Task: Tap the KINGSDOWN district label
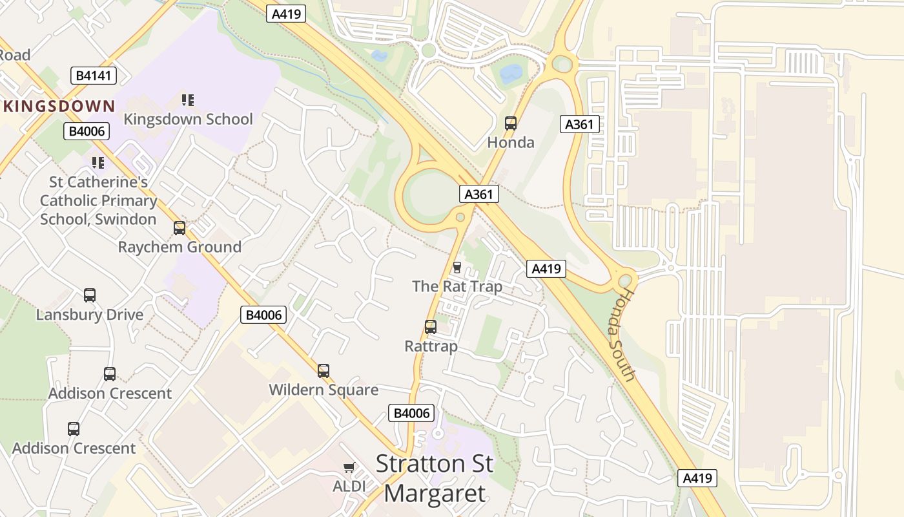59,106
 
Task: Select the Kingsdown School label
188,119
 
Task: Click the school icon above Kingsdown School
188,100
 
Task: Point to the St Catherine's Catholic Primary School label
98,200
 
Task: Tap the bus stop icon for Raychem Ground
180,228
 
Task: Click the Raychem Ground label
180,247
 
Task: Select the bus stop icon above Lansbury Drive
90,295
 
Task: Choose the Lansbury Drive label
90,315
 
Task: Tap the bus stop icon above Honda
511,123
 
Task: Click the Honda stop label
511,142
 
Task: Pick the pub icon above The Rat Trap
457,267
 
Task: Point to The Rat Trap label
457,286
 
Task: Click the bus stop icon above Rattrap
431,327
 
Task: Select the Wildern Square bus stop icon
324,371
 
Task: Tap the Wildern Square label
324,390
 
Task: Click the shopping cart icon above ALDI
349,467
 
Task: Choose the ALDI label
349,486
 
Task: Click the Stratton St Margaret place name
434,478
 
